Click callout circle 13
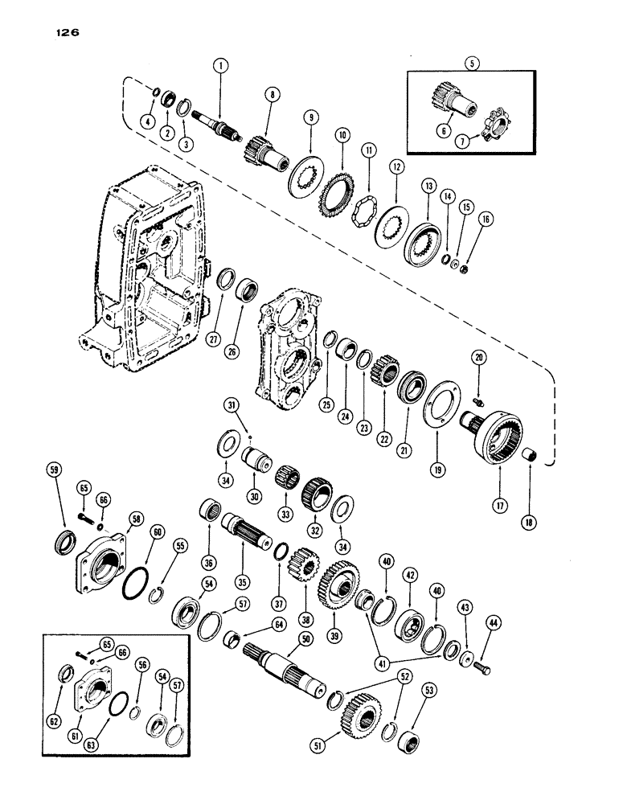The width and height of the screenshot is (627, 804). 426,186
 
